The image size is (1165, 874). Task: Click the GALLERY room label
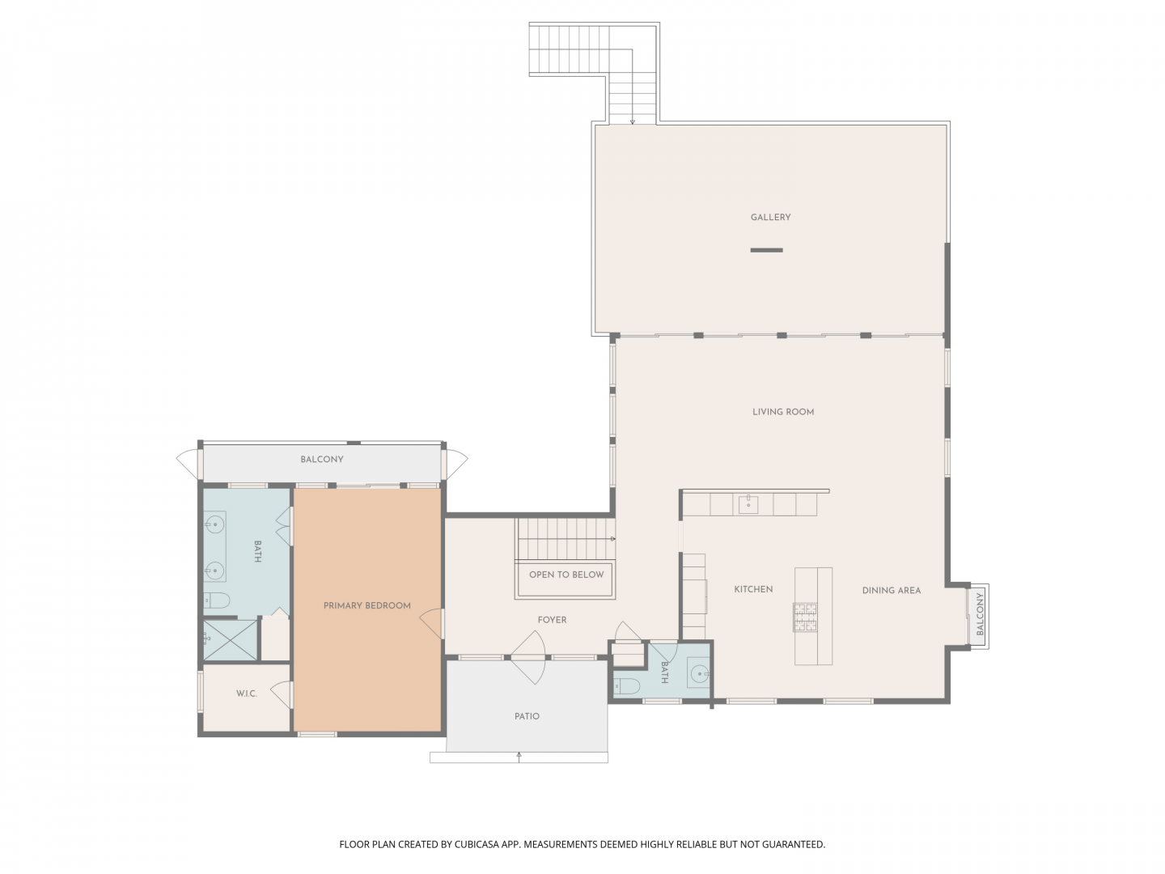pyautogui.click(x=770, y=217)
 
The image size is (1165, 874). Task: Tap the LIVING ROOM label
pyautogui.click(x=783, y=412)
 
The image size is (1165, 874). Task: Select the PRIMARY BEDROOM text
pyautogui.click(x=366, y=605)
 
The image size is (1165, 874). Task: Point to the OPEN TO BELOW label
pyautogui.click(x=566, y=575)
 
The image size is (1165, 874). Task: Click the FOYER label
pyautogui.click(x=552, y=620)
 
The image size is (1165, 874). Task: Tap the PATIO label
pyautogui.click(x=527, y=716)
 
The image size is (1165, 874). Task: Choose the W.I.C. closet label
pyautogui.click(x=246, y=694)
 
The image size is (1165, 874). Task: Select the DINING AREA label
pyautogui.click(x=891, y=590)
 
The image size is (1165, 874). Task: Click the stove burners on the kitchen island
pyautogui.click(x=805, y=617)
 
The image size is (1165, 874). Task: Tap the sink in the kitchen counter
pyautogui.click(x=748, y=504)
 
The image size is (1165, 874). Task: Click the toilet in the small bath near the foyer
pyautogui.click(x=626, y=685)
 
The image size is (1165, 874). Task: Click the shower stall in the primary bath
pyautogui.click(x=230, y=640)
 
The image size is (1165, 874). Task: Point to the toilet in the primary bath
pyautogui.click(x=216, y=600)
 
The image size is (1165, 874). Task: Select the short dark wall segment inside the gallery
pyautogui.click(x=766, y=250)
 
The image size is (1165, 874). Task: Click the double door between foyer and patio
pyautogui.click(x=528, y=657)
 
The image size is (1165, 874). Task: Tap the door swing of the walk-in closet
pyautogui.click(x=282, y=694)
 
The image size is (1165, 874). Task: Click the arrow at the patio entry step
pyautogui.click(x=519, y=757)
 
